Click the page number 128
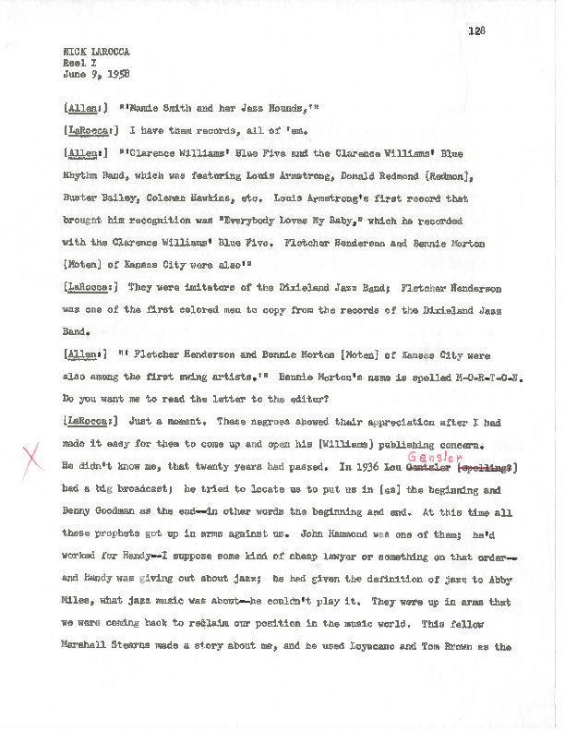tap(476, 30)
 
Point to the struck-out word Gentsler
tap(429, 467)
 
